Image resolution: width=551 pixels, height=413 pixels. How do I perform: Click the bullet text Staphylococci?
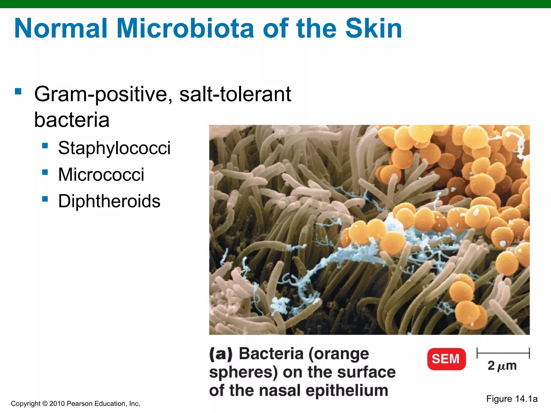tap(114, 148)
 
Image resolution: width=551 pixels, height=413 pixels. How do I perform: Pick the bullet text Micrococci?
tap(101, 175)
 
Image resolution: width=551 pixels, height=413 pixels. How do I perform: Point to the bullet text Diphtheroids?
tap(109, 201)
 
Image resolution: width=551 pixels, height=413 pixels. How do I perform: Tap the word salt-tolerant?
tap(235, 94)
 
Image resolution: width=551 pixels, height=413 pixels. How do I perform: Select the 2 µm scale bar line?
tap(503, 353)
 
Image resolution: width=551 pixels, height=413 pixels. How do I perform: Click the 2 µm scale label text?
tap(502, 366)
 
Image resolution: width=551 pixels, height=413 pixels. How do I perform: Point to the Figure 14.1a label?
tap(512, 399)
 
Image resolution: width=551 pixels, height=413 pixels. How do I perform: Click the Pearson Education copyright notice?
tap(76, 404)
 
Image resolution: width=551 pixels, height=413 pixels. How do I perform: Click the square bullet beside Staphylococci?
tap(45, 146)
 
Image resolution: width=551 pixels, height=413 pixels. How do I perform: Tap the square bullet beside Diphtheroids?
tap(45, 199)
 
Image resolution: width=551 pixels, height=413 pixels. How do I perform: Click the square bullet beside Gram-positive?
tap(18, 91)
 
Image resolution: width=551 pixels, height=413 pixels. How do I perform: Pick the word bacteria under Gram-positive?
tap(72, 120)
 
